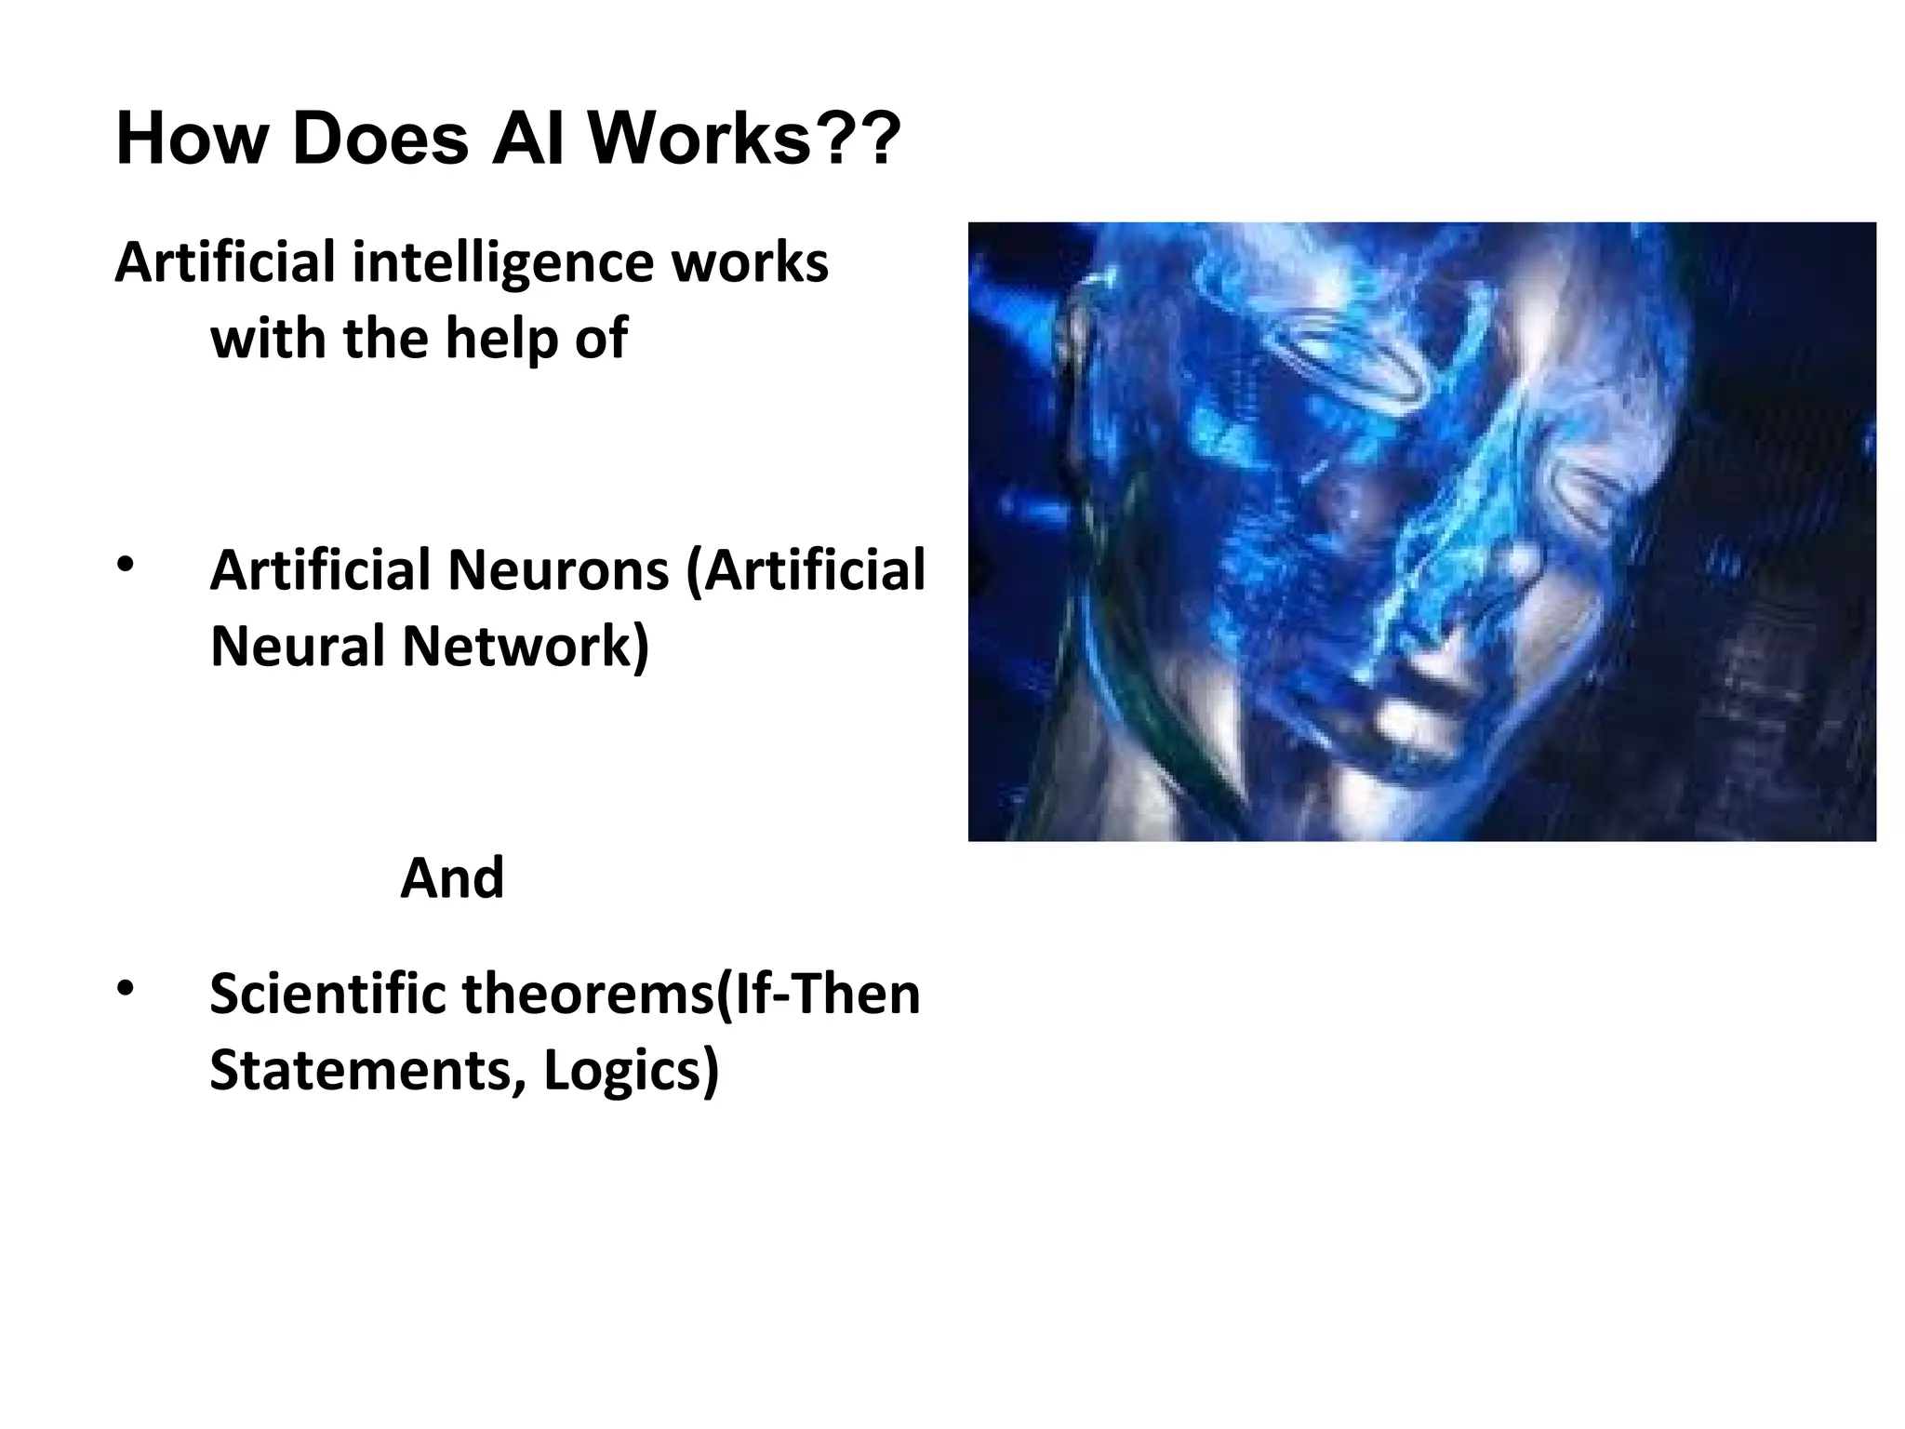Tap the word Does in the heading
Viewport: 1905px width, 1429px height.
(380, 140)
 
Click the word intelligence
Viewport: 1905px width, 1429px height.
(503, 263)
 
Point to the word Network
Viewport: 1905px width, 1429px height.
(526, 647)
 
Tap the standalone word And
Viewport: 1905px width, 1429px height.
(452, 878)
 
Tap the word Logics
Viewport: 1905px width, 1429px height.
(632, 1071)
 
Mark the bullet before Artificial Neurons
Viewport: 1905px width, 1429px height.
(125, 566)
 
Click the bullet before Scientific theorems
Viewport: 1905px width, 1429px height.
(125, 989)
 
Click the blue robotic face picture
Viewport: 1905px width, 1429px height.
(1421, 531)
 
